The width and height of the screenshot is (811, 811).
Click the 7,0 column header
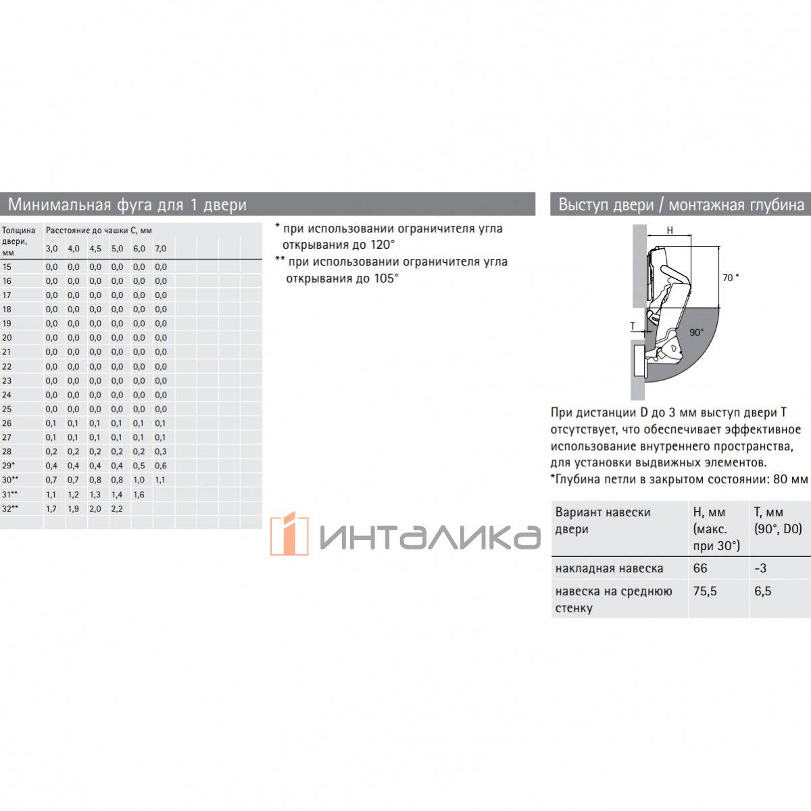pyautogui.click(x=160, y=248)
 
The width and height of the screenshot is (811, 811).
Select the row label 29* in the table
pyautogui.click(x=8, y=466)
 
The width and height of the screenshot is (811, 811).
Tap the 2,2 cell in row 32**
pyautogui.click(x=117, y=508)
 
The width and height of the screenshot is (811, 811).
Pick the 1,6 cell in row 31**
pyautogui.click(x=139, y=495)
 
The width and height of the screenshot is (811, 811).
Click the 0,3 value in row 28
pyautogui.click(x=160, y=451)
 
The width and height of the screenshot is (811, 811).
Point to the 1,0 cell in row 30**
pyautogui.click(x=139, y=480)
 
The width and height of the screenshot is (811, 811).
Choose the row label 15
pyautogui.click(x=7, y=266)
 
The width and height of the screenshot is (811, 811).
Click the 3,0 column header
pyautogui.click(x=52, y=248)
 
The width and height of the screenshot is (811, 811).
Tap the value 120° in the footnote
pyautogui.click(x=382, y=245)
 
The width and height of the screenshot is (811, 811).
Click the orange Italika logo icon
pyautogui.click(x=289, y=534)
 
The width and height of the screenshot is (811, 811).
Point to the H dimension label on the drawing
pyautogui.click(x=670, y=230)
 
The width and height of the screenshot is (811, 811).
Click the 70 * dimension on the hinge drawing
pyautogui.click(x=731, y=278)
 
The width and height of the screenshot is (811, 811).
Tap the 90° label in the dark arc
pyautogui.click(x=697, y=333)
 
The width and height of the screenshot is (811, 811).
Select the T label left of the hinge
pyautogui.click(x=633, y=326)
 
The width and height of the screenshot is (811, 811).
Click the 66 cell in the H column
pyautogui.click(x=700, y=568)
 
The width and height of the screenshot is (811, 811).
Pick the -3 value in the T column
pyautogui.click(x=760, y=568)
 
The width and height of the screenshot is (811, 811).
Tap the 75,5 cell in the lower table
pyautogui.click(x=705, y=591)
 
